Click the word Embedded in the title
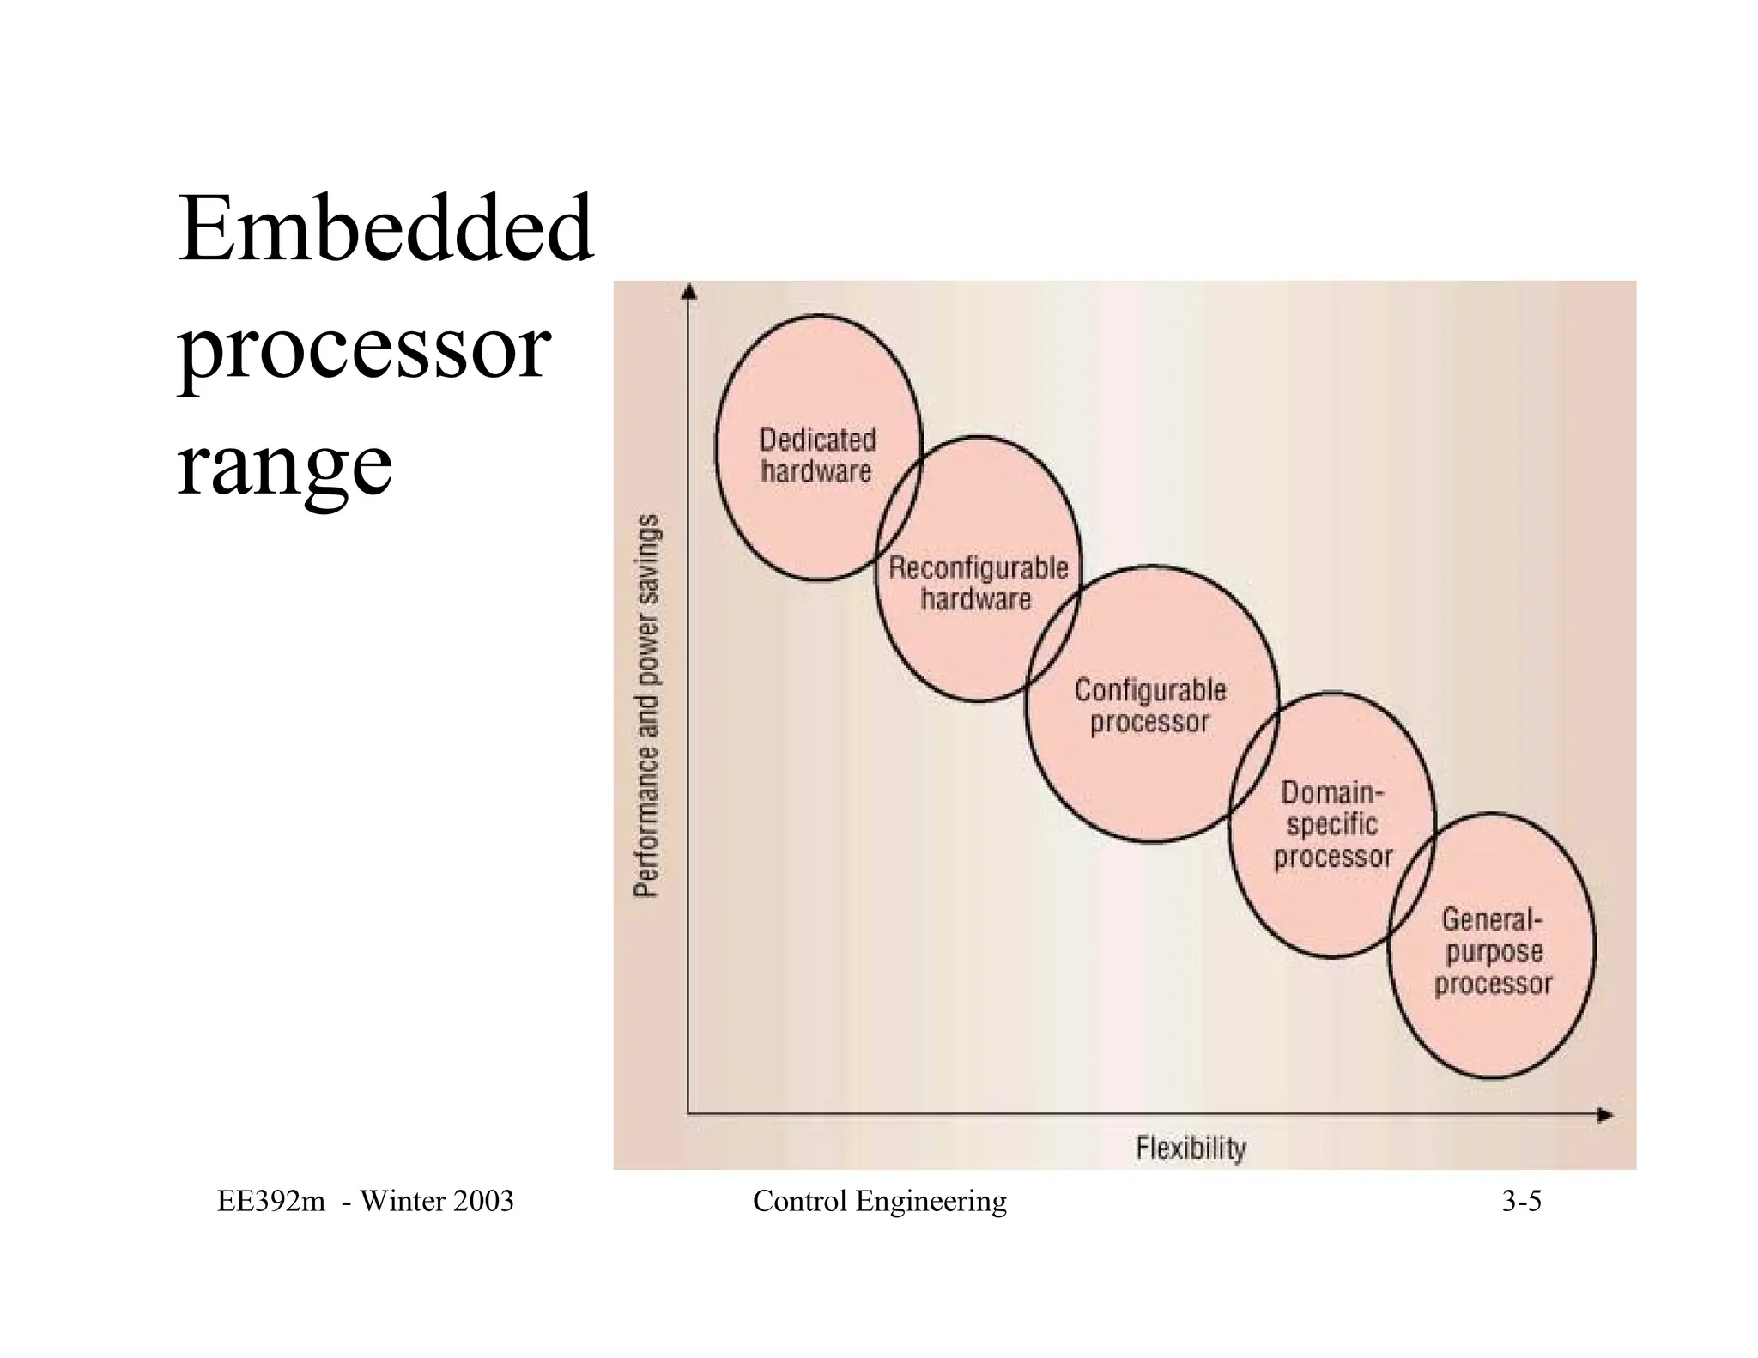coord(385,229)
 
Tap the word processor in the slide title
coord(363,350)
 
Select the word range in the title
coord(284,466)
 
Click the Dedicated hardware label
coord(817,456)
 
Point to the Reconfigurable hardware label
coord(978,584)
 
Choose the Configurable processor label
coord(1150,706)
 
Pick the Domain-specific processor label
coord(1332,824)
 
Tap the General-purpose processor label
coord(1493,951)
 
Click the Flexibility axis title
coord(1191,1148)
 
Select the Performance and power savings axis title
coord(648,706)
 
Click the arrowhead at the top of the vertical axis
coord(688,293)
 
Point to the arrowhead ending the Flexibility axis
coord(1604,1115)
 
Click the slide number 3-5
coord(1521,1201)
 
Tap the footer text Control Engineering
coord(879,1201)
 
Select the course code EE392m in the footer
coord(271,1201)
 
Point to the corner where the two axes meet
coord(688,1114)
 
